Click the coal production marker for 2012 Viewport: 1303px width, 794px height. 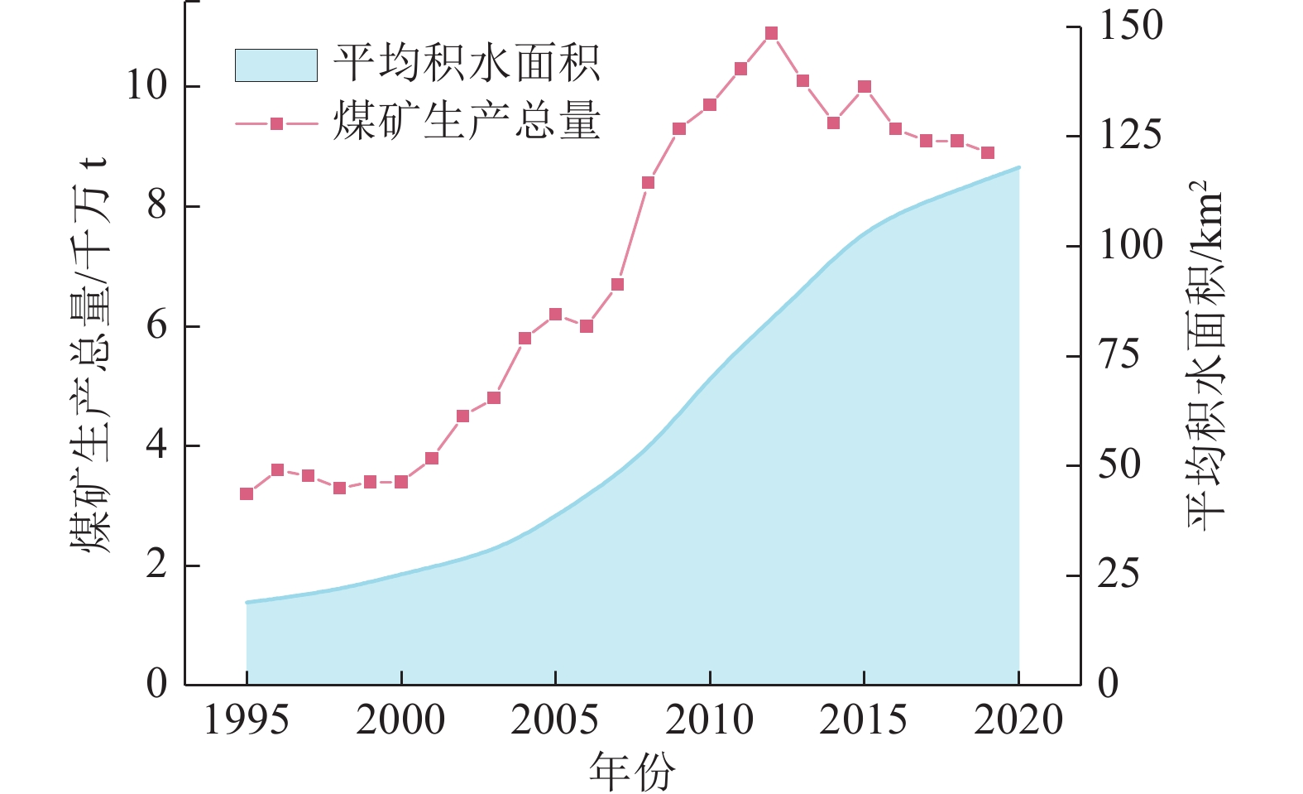[771, 34]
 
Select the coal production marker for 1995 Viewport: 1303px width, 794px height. [247, 493]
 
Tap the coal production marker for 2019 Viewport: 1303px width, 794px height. [987, 153]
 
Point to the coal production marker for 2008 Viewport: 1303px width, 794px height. [648, 183]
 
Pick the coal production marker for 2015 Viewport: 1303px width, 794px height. [865, 87]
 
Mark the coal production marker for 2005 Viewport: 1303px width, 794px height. [555, 315]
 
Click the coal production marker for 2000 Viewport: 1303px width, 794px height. [401, 481]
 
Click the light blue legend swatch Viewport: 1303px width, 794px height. [275, 65]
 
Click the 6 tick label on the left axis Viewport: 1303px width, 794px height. [156, 326]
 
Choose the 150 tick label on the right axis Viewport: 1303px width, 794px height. [1130, 26]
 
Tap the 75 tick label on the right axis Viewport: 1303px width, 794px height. [1119, 356]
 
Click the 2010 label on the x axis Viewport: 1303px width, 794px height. [709, 720]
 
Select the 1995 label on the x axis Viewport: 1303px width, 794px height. [247, 720]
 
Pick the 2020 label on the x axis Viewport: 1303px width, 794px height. [1018, 720]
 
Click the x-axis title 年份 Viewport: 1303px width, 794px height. [632, 772]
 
